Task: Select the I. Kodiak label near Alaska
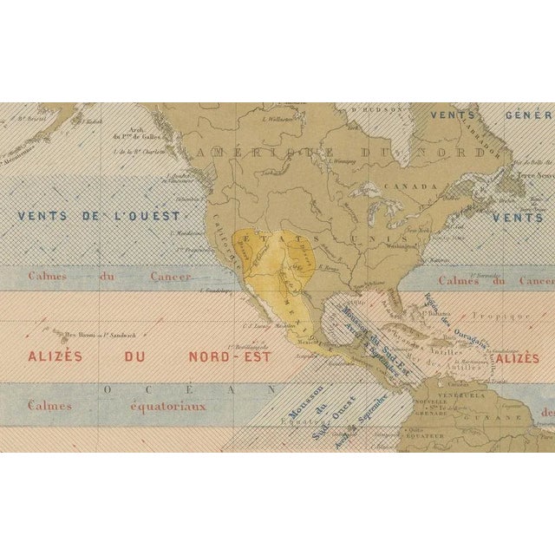click(x=94, y=122)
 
